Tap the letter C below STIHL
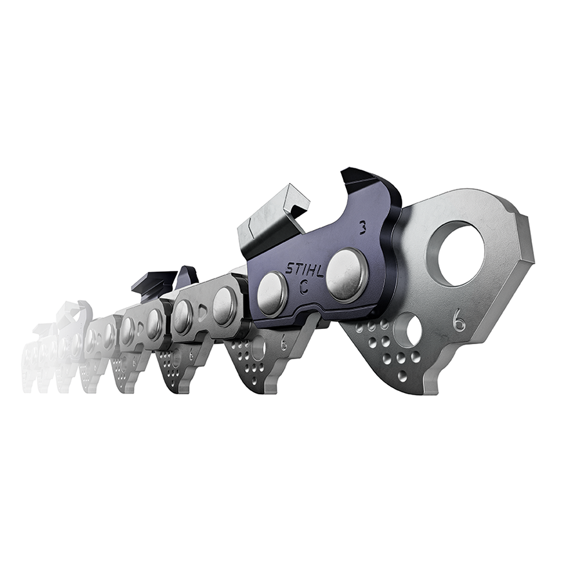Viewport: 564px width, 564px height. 304,290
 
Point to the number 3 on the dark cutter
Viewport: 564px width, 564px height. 363,227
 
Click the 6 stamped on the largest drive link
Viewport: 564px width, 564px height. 459,320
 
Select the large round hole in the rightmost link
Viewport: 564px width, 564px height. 461,252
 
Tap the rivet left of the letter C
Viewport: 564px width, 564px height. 272,293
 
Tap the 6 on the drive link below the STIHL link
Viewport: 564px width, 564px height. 284,344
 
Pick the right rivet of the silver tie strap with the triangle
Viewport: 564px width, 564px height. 224,306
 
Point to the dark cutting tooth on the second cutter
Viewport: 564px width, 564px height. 154,283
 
